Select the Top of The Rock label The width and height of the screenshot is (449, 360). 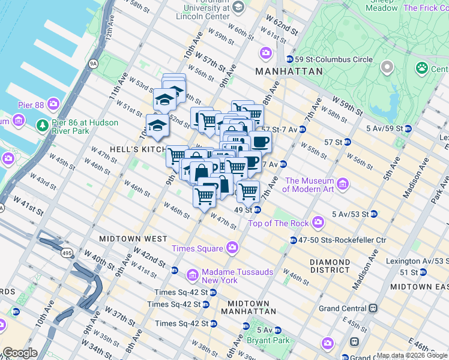pos(280,223)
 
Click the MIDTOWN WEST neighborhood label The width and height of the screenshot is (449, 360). pos(133,239)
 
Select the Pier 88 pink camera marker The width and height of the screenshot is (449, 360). pos(53,104)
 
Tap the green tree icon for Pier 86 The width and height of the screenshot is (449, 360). pos(42,125)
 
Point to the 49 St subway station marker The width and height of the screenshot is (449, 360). pos(257,209)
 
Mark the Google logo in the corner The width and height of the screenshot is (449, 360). pos(20,353)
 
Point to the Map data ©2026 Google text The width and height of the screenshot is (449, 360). pos(412,355)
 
